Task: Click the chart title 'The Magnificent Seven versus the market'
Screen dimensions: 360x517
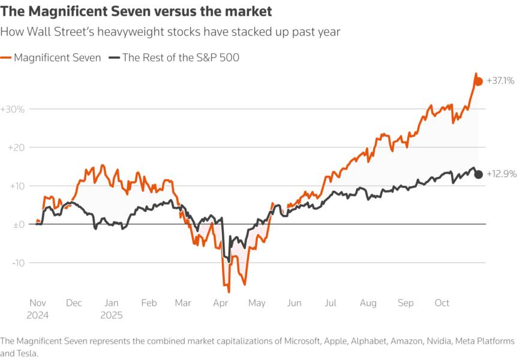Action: [x=137, y=11]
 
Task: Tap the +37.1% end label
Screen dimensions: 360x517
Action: [x=500, y=80]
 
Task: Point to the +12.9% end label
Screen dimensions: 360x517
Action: [x=500, y=175]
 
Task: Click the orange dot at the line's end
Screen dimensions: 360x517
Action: [x=479, y=82]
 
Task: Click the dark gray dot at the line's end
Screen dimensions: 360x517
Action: [x=479, y=175]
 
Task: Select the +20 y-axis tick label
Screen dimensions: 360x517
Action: [x=14, y=148]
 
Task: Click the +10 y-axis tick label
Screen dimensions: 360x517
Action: [x=14, y=186]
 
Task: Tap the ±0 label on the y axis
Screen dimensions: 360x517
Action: [x=16, y=224]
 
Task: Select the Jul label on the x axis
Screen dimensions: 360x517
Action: [x=330, y=304]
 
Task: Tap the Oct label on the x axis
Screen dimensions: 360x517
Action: [x=442, y=304]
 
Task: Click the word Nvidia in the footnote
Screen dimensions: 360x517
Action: [x=439, y=341]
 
